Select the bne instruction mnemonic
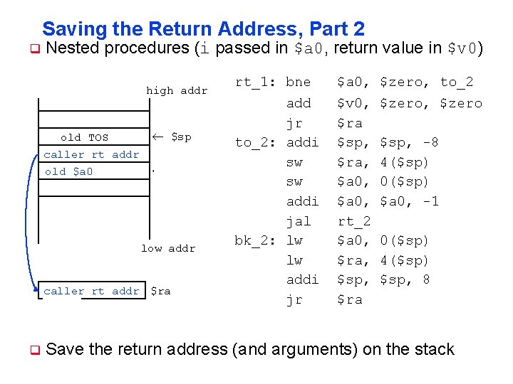click(298, 82)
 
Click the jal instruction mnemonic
click(298, 221)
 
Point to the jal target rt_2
click(353, 221)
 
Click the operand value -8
click(430, 142)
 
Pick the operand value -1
click(430, 201)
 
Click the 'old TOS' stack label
click(85, 137)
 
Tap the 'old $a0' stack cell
click(68, 171)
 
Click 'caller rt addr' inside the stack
click(91, 154)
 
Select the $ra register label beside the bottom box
click(160, 291)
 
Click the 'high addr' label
click(177, 90)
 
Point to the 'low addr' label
click(168, 248)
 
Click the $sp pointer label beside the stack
click(181, 137)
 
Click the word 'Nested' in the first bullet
click(76, 48)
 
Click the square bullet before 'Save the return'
click(33, 350)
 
